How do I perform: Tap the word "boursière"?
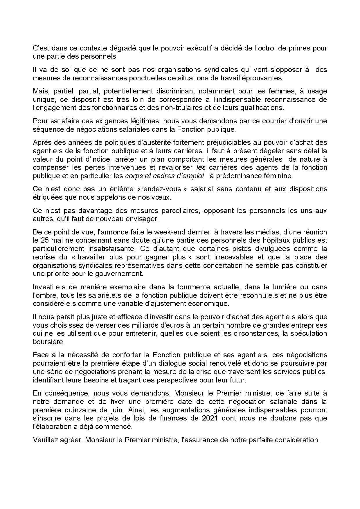48,342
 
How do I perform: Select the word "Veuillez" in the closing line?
46,440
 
